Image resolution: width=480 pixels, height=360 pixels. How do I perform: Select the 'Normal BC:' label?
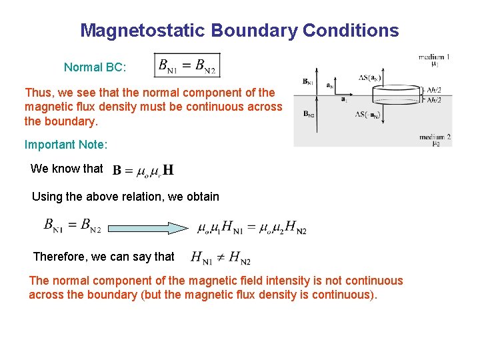[x=95, y=67]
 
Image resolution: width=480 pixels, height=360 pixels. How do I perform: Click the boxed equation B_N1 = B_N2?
[x=187, y=65]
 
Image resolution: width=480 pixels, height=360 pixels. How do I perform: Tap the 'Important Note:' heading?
[x=66, y=145]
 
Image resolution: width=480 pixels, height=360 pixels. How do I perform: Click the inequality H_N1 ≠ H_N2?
[x=220, y=257]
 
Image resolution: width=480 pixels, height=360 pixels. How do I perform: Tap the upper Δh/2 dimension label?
[x=434, y=89]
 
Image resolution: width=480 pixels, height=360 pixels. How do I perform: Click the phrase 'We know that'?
[x=67, y=169]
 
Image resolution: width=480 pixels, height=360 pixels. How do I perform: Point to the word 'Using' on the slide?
[x=46, y=197]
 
